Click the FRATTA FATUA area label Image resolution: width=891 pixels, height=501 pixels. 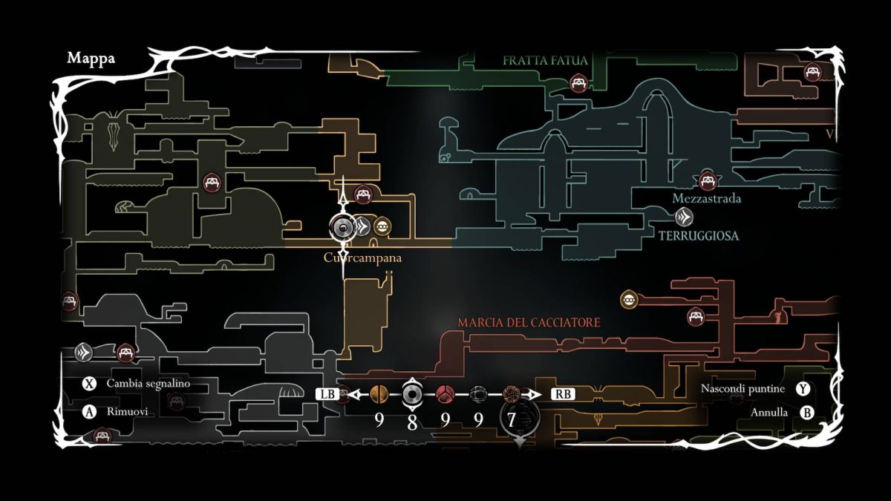tap(545, 60)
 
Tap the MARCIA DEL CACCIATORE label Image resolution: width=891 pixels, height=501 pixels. tap(529, 323)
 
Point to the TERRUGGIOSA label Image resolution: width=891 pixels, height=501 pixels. tap(699, 235)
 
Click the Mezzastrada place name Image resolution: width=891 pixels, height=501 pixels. tap(706, 199)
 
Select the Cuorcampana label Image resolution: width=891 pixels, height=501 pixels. tap(362, 258)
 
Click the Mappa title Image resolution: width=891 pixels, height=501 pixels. tap(91, 58)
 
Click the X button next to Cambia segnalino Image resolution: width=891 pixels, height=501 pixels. tap(90, 384)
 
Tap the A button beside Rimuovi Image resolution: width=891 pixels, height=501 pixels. tap(90, 412)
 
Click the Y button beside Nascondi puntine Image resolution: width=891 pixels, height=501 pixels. tap(803, 389)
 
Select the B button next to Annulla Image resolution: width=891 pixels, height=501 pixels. tap(807, 413)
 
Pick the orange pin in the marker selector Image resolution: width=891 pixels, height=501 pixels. tap(379, 393)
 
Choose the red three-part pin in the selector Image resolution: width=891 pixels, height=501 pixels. tap(445, 393)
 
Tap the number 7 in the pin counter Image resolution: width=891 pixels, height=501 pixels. tap(511, 420)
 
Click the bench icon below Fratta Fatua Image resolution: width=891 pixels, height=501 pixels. tap(578, 83)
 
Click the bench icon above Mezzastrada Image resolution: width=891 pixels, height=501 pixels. tap(708, 180)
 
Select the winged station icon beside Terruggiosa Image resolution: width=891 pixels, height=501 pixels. tap(685, 217)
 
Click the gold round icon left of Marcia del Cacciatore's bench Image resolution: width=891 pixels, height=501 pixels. tap(630, 300)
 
